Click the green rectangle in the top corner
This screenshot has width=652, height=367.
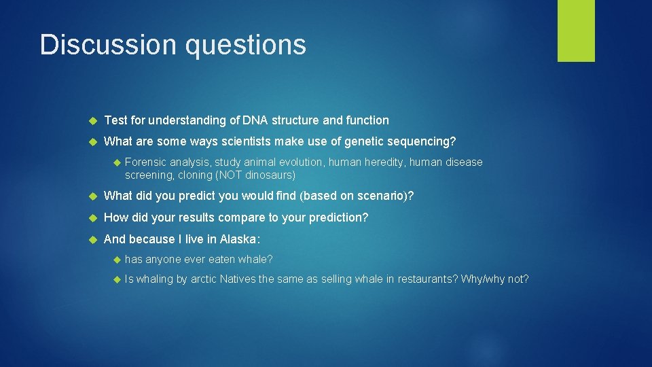tap(576, 31)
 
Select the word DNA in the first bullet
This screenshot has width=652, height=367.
tap(255, 120)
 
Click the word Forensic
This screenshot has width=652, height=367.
tap(145, 162)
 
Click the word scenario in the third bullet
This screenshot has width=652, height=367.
tap(380, 196)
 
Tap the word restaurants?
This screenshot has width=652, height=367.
tap(427, 279)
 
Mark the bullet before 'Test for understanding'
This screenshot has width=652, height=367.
tap(94, 121)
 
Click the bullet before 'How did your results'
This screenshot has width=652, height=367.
tap(94, 218)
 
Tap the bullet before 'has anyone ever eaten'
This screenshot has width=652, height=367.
tap(115, 260)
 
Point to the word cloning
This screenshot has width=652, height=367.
tap(195, 175)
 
